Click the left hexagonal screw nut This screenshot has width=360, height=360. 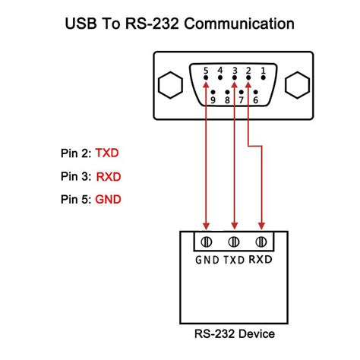pyautogui.click(x=170, y=85)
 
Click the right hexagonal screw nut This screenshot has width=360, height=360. pyautogui.click(x=297, y=85)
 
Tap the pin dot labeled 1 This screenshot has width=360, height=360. pyautogui.click(x=264, y=77)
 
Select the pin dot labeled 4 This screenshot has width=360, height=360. pyautogui.click(x=220, y=77)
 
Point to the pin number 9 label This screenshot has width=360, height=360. pyautogui.click(x=213, y=100)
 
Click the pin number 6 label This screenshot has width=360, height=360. pyautogui.click(x=256, y=100)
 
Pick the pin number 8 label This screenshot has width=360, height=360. pyautogui.click(x=227, y=100)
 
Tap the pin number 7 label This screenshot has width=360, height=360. pyautogui.click(x=242, y=100)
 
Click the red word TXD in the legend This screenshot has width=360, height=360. pyautogui.click(x=107, y=153)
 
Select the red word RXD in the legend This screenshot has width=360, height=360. pyautogui.click(x=109, y=177)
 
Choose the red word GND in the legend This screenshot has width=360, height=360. pyautogui.click(x=108, y=200)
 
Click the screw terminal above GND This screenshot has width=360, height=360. pyautogui.click(x=207, y=242)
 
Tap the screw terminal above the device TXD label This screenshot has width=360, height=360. pyautogui.click(x=234, y=242)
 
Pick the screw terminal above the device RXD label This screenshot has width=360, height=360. pyautogui.click(x=261, y=242)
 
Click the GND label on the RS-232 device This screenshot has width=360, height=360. pyautogui.click(x=207, y=260)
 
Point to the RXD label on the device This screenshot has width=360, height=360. pyautogui.click(x=261, y=260)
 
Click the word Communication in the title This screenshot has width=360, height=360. pyautogui.click(x=239, y=24)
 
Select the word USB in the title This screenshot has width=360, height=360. pyautogui.click(x=81, y=24)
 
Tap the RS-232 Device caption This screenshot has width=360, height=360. pyautogui.click(x=235, y=333)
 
